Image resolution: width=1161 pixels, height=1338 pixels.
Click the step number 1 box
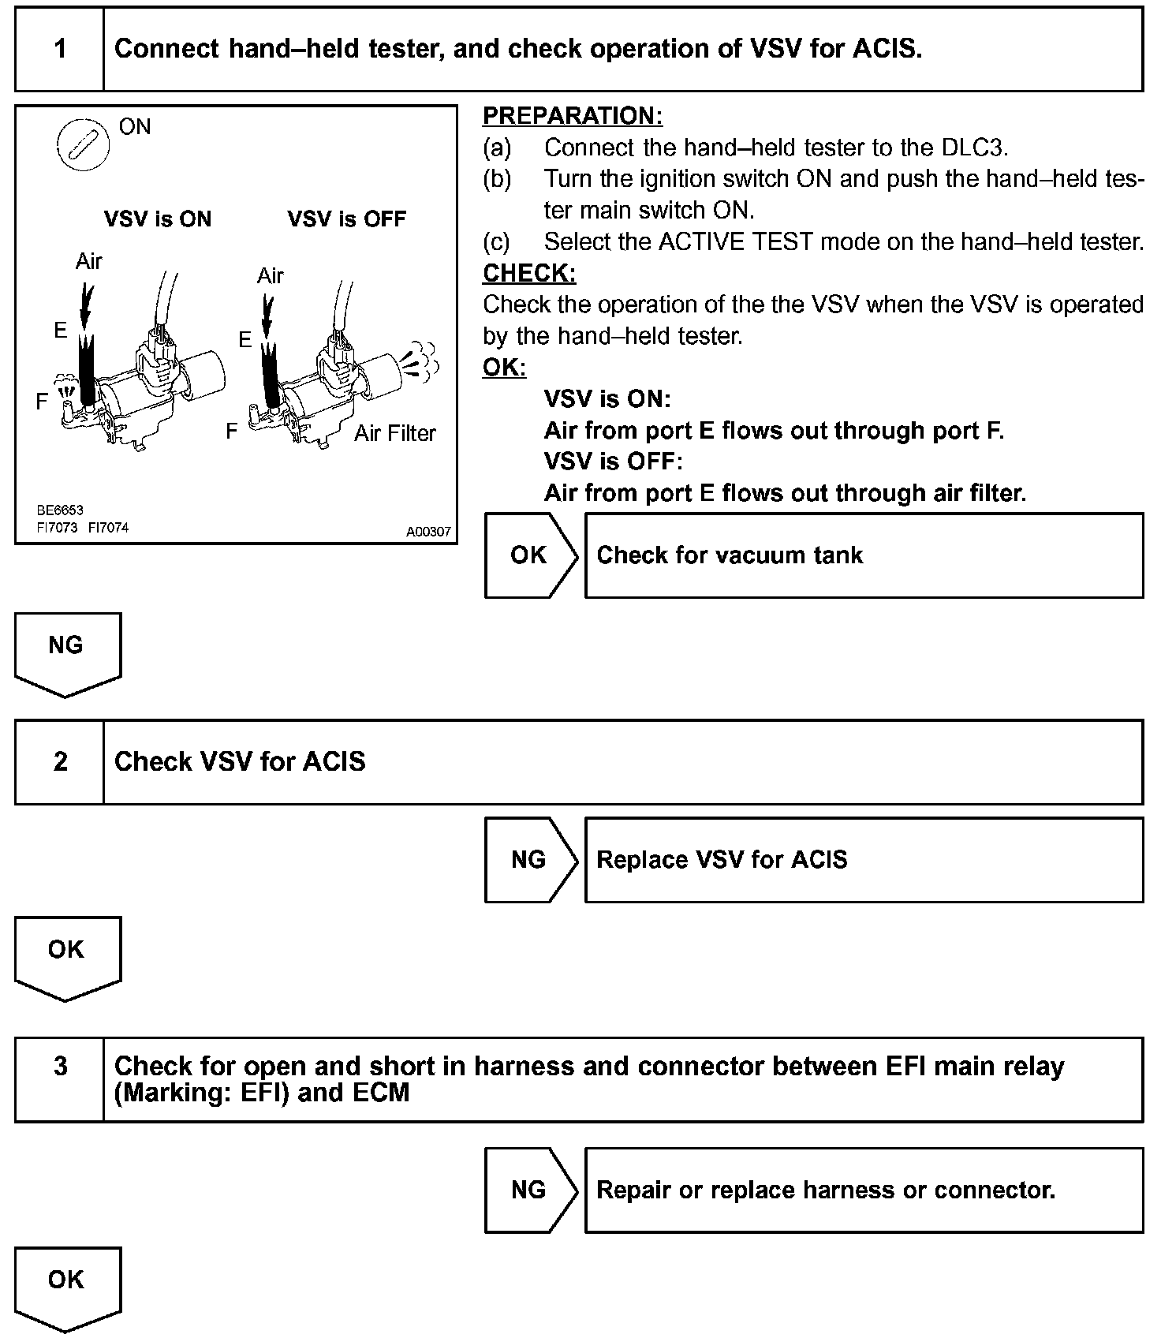point(60,50)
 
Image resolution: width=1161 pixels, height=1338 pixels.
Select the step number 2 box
point(60,762)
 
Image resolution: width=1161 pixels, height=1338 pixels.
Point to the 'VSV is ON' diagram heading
point(158,219)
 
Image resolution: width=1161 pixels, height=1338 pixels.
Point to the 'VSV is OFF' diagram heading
point(346,219)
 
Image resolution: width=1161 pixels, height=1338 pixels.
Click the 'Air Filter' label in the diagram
point(394,433)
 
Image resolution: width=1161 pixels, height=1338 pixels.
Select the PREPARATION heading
point(572,116)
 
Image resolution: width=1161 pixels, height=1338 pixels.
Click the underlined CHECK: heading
point(529,273)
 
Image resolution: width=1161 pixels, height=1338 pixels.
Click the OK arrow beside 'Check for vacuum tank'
point(530,555)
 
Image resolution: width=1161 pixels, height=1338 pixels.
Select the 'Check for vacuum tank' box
point(864,555)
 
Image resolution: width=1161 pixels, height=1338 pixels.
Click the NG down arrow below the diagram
point(67,653)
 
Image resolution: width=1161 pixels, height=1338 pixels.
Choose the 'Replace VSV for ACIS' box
point(864,860)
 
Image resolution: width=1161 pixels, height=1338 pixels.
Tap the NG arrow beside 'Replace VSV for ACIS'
point(530,860)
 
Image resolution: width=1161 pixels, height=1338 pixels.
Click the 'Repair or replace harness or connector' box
point(864,1190)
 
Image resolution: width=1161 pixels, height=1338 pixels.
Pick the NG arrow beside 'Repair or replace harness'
point(530,1190)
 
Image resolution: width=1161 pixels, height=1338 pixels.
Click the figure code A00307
point(428,532)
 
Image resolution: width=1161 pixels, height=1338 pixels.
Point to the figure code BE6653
point(60,510)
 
